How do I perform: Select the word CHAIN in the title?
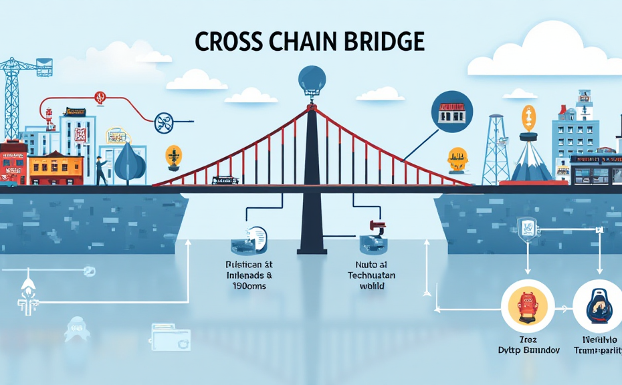coord(305,41)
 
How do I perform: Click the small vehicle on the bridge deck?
coord(224,180)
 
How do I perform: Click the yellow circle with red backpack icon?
coord(528,303)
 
